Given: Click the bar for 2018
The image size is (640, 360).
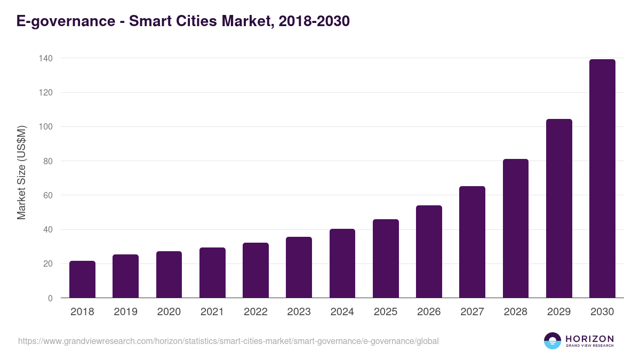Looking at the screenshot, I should point(82,279).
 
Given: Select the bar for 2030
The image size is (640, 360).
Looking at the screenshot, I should point(602,179).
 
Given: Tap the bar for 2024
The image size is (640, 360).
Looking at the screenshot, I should point(342,263).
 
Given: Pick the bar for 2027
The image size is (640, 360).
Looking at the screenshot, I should point(472,242).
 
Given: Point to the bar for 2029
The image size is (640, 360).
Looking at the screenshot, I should point(559,209).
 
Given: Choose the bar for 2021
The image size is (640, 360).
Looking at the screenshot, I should point(212,273).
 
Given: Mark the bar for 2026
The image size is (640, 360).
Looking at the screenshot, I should point(429,252).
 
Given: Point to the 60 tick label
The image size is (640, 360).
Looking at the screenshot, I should point(47,195).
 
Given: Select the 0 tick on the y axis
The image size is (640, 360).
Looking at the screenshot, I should point(50,298).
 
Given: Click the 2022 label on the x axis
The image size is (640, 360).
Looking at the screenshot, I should point(255,312).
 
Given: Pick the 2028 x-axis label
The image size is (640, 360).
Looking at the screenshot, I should point(515,312).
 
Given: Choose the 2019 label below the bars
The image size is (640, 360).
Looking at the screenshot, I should point(125,312).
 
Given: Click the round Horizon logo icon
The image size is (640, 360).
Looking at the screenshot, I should point(553,341).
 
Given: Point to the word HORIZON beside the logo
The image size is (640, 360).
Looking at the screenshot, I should point(589,339).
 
